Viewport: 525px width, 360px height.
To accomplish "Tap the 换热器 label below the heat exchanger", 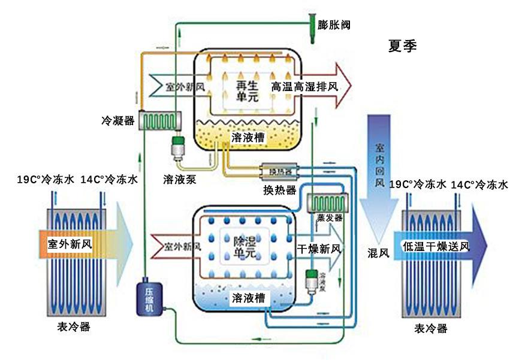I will pyautogui.click(x=280, y=190).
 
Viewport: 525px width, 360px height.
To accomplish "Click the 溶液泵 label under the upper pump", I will pyautogui.click(x=179, y=179).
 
